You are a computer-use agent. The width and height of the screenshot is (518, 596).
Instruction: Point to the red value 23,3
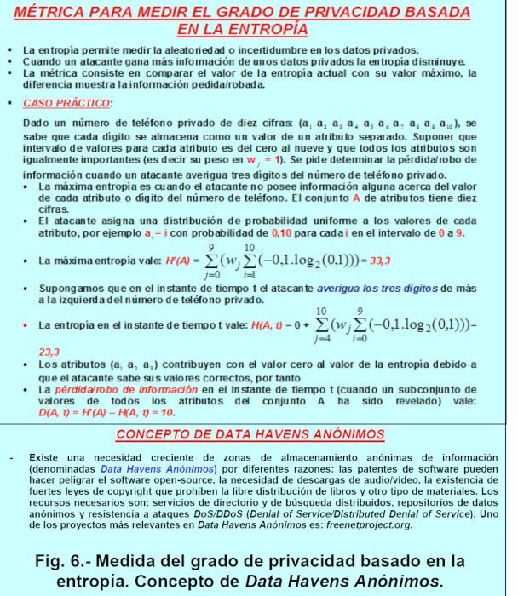49,352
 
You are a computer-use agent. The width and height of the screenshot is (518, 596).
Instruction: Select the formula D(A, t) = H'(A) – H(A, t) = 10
106,412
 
